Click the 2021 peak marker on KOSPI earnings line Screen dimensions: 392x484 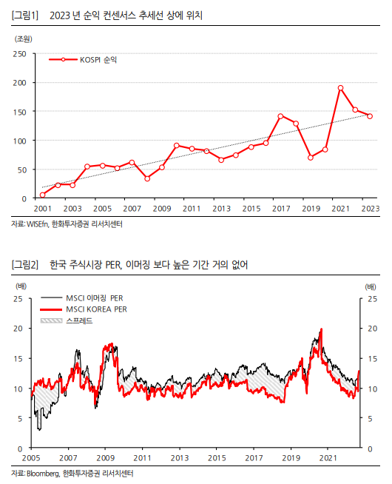[x=340, y=88]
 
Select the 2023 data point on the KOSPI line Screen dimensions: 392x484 [x=370, y=116]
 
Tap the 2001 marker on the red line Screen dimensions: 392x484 [x=43, y=195]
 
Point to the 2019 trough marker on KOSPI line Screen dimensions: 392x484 [x=311, y=158]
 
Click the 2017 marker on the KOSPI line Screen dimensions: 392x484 [x=280, y=116]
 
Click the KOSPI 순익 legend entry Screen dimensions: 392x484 [x=83, y=60]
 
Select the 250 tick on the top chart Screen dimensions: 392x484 [x=20, y=54]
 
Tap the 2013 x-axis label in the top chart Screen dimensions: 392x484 [x=221, y=209]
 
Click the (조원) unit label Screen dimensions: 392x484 [x=24, y=39]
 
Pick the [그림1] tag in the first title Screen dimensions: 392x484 [x=24, y=15]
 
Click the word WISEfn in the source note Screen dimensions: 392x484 [x=37, y=224]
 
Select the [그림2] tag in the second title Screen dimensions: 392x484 [x=24, y=264]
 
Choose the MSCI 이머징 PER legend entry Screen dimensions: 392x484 [x=82, y=298]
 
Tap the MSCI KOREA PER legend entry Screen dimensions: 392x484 [x=84, y=309]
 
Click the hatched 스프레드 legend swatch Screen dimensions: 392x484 [x=51, y=320]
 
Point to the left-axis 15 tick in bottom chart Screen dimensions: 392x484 [x=18, y=359]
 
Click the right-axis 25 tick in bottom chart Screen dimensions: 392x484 [x=372, y=299]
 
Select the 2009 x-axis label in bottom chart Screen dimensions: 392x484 [x=106, y=458]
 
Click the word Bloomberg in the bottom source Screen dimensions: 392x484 [x=43, y=474]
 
